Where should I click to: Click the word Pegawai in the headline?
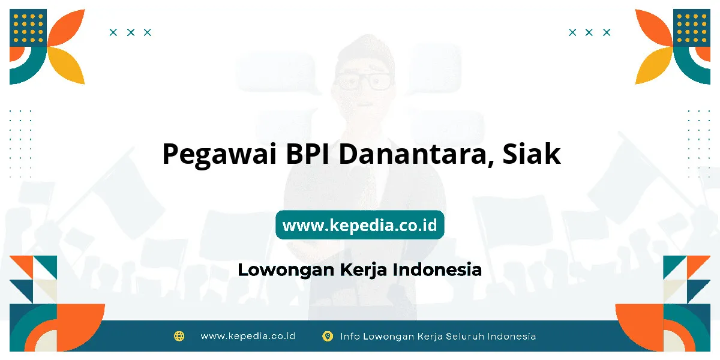(220, 155)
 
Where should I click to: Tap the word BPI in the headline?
(308, 154)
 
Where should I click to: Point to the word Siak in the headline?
(532, 154)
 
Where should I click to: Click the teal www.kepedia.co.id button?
(360, 224)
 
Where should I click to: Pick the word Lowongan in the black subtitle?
(286, 270)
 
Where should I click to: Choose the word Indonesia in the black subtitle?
(437, 269)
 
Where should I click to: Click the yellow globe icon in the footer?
(179, 336)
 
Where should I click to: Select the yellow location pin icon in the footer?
(328, 336)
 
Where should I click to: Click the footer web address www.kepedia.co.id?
(248, 336)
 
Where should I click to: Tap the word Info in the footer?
(350, 336)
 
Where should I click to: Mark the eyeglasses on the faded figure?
(364, 80)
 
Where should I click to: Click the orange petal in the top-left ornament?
(66, 28)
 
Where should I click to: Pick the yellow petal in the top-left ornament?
(66, 65)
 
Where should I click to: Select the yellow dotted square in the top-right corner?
(691, 28)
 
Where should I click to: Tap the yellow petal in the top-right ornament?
(654, 65)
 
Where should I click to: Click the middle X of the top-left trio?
(131, 32)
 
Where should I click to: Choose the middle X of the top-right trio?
(589, 32)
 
